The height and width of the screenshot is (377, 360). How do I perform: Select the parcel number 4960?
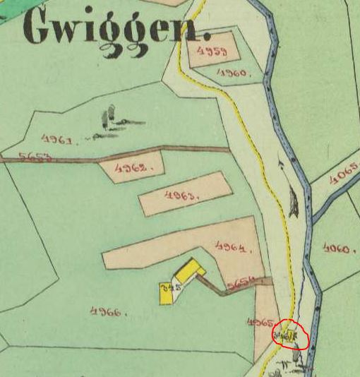[x=232, y=73]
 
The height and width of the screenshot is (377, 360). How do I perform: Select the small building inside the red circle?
[x=289, y=333]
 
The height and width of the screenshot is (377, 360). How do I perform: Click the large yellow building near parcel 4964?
[x=189, y=272]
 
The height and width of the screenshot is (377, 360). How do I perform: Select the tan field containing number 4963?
[x=185, y=194]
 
